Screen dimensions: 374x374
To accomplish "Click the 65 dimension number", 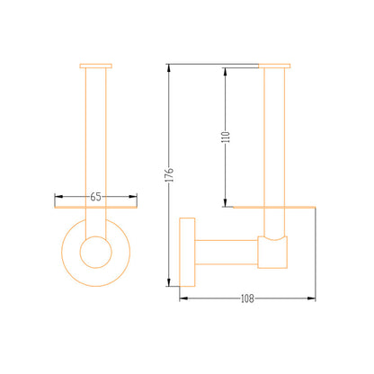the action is coord(95,197).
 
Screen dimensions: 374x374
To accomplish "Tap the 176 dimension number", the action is coord(170,175).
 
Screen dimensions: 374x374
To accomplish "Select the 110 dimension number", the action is coord(227,137).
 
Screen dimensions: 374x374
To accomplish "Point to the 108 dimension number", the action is coord(247,298).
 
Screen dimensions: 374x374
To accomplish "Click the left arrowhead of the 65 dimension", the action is coord(58,197).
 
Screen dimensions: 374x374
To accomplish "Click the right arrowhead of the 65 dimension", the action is coord(133,197).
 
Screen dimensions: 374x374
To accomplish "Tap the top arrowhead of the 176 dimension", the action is coord(169,68).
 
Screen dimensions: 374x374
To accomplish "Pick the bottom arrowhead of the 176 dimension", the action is coord(169,282).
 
